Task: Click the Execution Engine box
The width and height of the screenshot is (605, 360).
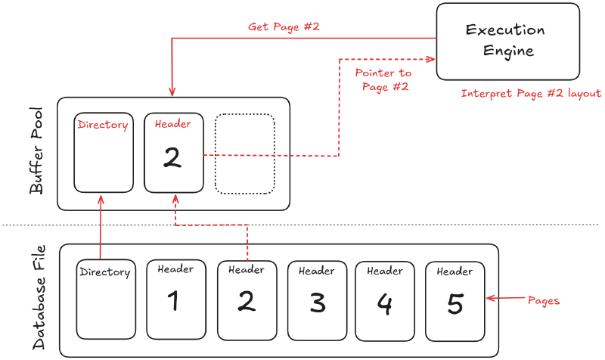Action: coord(504,42)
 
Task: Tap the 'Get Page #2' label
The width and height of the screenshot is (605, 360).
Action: coord(284,26)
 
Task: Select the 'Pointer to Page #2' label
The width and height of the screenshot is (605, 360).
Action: coord(383,79)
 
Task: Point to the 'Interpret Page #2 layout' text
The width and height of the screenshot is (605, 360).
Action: coord(531,94)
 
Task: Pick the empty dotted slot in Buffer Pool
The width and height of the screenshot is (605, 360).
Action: coord(244,153)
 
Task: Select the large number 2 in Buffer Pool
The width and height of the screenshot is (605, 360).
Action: coord(172,157)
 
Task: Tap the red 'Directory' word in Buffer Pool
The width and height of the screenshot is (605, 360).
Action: coord(103,125)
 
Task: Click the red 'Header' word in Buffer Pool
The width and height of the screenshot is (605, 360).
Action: coord(172,124)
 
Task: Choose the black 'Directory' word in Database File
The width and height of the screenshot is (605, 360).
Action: coord(105,272)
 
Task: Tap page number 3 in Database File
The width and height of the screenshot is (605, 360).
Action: coord(317,303)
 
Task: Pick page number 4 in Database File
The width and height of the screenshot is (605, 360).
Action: coord(385,303)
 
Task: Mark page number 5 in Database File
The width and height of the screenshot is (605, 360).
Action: coord(455,303)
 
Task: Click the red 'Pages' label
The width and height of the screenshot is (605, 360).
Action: coord(543,300)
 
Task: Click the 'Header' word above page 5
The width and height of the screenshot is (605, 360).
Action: coord(455,272)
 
